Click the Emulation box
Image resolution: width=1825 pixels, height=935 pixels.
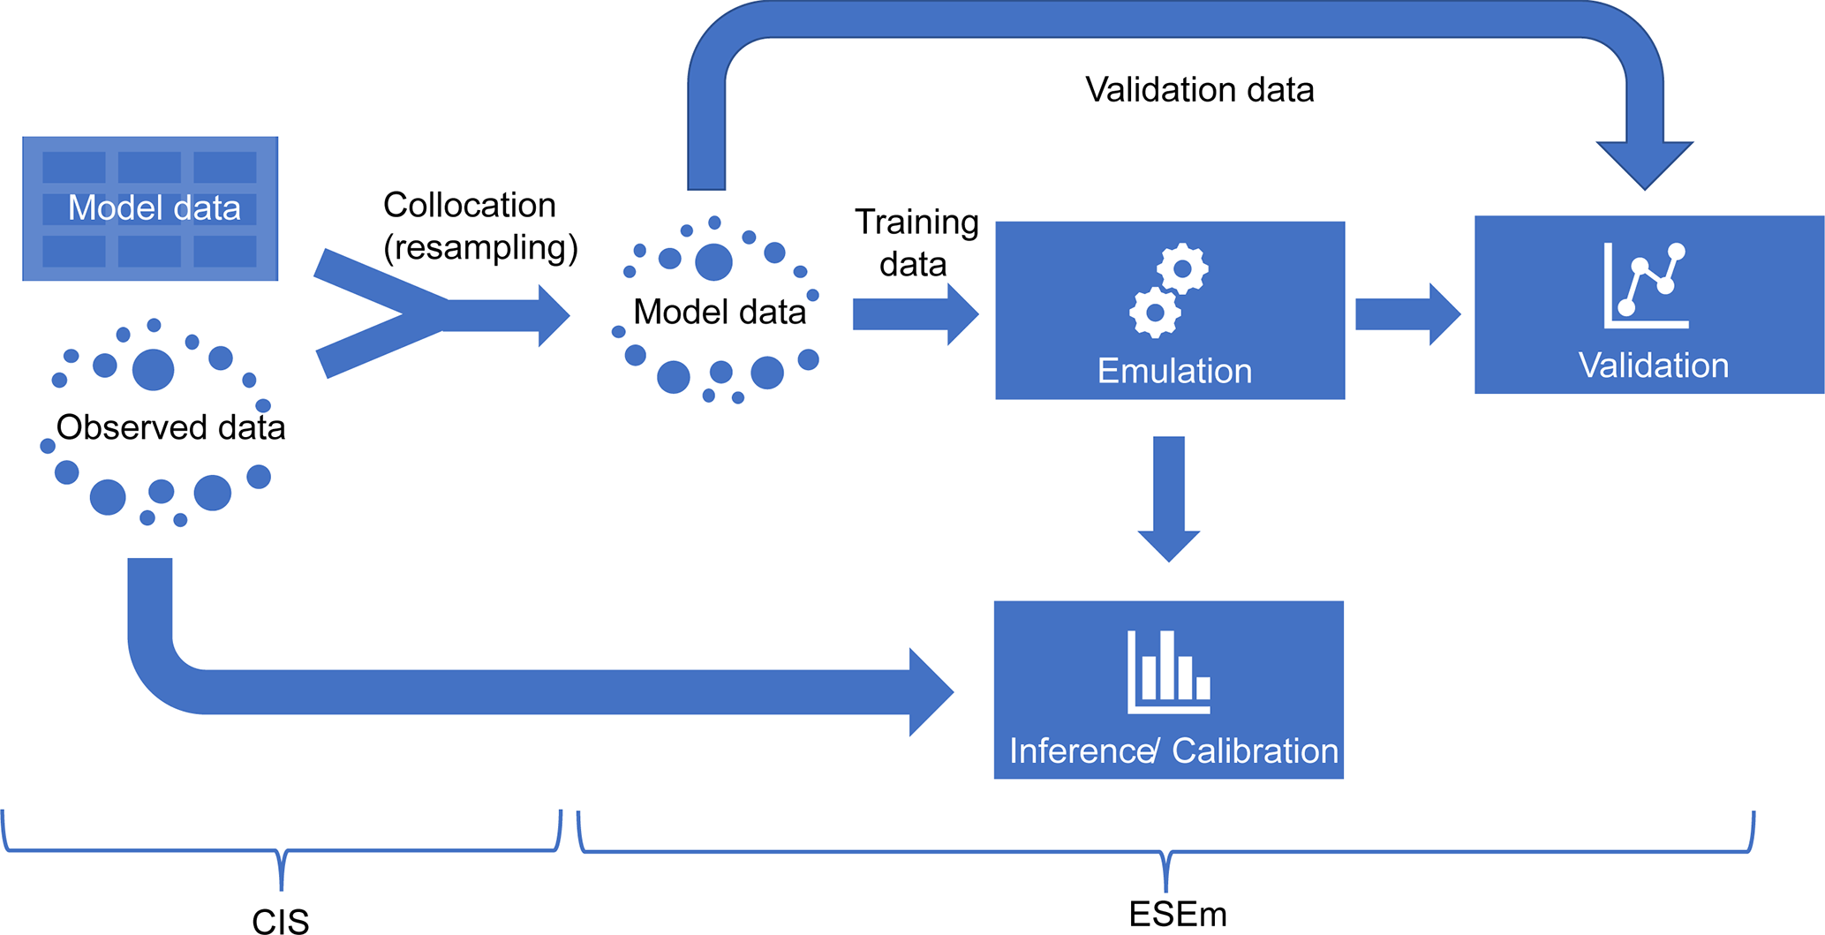[1169, 310]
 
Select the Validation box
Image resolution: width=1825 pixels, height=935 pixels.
[1648, 305]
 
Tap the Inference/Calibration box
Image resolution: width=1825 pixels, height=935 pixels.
[1168, 690]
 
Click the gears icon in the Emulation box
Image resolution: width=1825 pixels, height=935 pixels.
[1169, 290]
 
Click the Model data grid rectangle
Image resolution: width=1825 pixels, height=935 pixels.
[150, 208]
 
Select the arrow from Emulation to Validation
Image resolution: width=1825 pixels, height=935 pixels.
[1406, 314]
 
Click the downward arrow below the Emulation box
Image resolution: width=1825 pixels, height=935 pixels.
[1168, 498]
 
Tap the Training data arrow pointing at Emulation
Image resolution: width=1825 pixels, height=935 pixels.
[915, 314]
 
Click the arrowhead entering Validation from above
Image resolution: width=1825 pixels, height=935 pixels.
[1645, 164]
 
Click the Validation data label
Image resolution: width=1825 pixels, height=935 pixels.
[1199, 90]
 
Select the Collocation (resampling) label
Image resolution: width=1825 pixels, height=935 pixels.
[479, 226]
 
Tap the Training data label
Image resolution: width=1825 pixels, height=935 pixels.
[916, 243]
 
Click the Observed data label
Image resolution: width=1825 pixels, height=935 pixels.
[170, 427]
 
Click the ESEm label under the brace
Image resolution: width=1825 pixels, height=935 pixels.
[1178, 914]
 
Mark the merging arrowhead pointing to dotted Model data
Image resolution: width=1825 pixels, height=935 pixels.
[552, 315]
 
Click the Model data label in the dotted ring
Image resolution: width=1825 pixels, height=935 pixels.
[719, 312]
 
